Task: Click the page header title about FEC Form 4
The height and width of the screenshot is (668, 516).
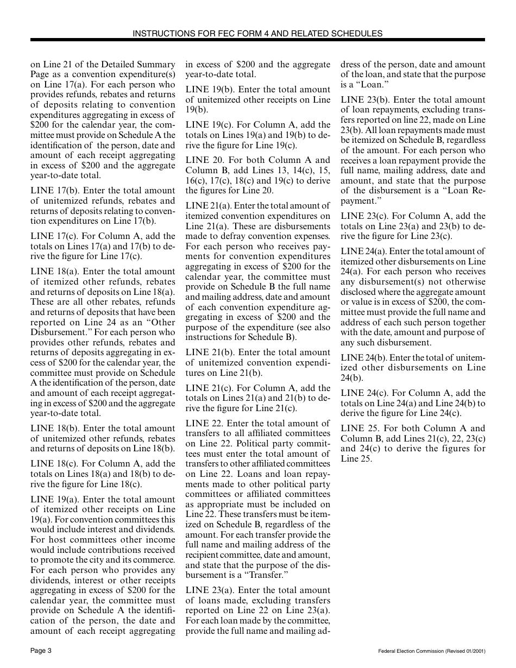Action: (257, 33)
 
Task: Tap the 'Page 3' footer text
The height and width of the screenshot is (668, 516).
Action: (41, 651)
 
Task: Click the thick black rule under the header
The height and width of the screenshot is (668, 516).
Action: (257, 40)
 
